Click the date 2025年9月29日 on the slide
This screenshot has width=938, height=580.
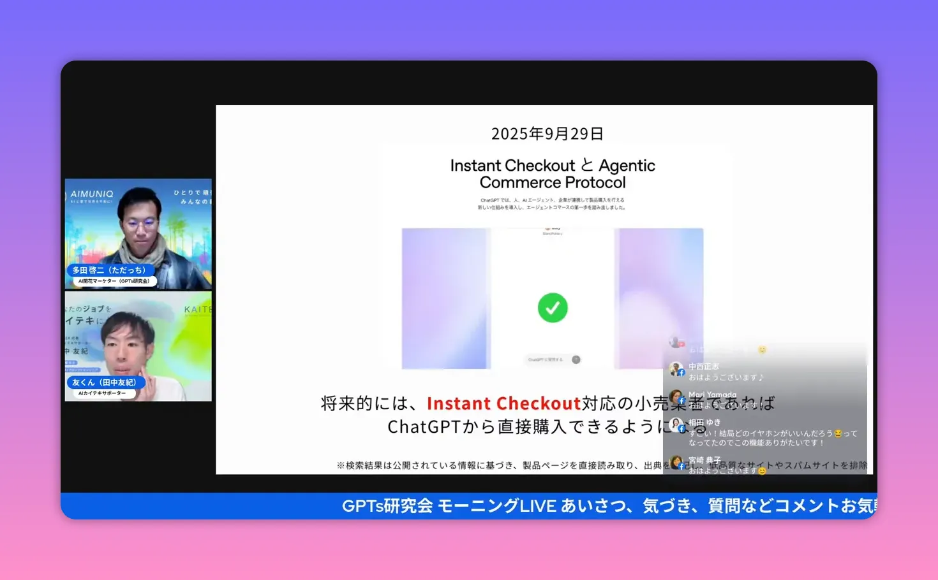point(547,134)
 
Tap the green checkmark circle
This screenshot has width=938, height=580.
point(553,308)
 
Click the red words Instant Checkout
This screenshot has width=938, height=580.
point(503,403)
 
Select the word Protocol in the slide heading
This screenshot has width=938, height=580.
point(589,182)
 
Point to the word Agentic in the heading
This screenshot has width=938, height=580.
point(627,166)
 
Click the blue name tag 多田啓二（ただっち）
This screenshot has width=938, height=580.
point(109,270)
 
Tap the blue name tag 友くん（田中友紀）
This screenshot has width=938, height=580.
point(104,382)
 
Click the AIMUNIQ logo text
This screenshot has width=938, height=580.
point(92,194)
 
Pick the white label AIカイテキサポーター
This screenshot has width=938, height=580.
point(102,393)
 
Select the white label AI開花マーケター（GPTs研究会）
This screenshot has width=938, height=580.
point(114,281)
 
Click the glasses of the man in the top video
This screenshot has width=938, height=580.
point(140,224)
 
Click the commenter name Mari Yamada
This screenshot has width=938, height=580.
point(712,395)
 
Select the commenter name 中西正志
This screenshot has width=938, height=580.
point(703,366)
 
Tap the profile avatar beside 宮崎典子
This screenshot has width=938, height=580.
point(676,462)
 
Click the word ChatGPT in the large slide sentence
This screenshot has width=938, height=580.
point(424,426)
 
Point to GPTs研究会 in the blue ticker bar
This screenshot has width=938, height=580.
point(387,506)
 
